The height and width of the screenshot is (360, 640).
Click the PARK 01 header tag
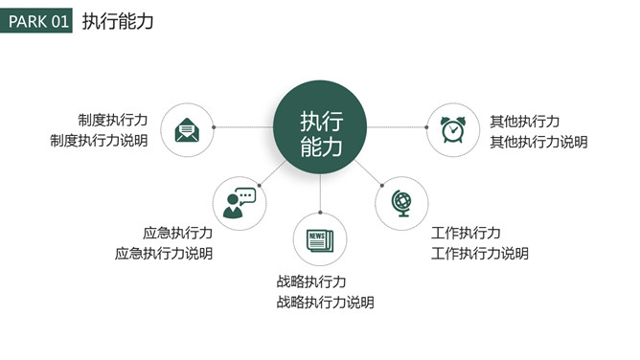[36, 21]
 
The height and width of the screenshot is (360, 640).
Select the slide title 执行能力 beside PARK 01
[118, 21]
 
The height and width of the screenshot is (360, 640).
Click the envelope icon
[186, 128]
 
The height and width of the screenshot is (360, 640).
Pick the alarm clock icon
[453, 129]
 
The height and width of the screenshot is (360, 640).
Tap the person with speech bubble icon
[239, 203]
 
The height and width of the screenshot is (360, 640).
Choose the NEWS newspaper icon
[319, 239]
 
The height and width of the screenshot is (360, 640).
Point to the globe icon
[401, 202]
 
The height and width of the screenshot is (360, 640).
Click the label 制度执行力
[113, 122]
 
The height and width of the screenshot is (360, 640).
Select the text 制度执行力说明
[100, 142]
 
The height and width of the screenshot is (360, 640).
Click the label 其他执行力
[525, 122]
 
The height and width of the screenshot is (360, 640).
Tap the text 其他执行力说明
[538, 142]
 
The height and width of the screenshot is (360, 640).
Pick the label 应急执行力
[177, 233]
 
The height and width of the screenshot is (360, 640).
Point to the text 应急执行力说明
[164, 254]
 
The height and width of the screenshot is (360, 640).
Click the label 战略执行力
[311, 281]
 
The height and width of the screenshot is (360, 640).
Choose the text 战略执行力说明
[325, 303]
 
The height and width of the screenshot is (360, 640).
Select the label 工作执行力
[466, 233]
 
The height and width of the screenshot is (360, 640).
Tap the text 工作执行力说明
[480, 254]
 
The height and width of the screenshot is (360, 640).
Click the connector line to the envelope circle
[243, 126]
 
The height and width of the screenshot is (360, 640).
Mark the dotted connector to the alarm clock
[397, 126]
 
